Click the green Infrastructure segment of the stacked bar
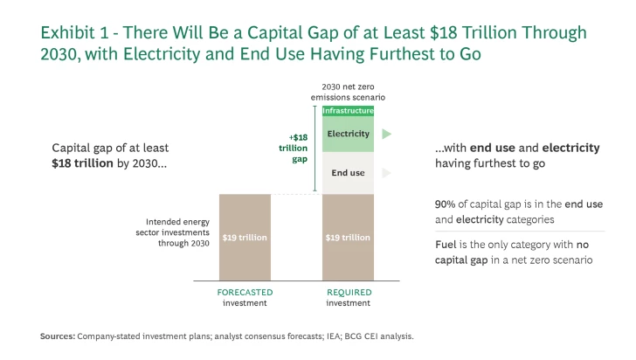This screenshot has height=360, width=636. pyautogui.click(x=349, y=111)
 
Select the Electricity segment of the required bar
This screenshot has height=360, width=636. pyautogui.click(x=349, y=134)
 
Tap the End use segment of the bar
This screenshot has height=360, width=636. pyautogui.click(x=349, y=173)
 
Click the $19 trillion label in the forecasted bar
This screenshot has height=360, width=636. pyautogui.click(x=245, y=238)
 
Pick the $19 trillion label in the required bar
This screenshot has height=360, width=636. pyautogui.click(x=349, y=238)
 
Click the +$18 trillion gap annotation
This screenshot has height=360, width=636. pyautogui.click(x=300, y=149)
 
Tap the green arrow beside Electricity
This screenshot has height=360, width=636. pyautogui.click(x=386, y=134)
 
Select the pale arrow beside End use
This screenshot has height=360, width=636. pyautogui.click(x=386, y=173)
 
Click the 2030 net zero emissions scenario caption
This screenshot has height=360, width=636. pyautogui.click(x=349, y=93)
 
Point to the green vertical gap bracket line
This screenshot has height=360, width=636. pyautogui.click(x=315, y=149)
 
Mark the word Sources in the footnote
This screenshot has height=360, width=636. pyautogui.click(x=58, y=336)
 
